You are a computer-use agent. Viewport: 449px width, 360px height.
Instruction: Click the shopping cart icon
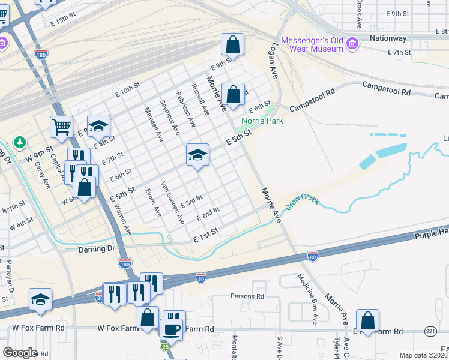point(61,126)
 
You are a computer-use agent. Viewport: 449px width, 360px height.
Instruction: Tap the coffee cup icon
point(171,329)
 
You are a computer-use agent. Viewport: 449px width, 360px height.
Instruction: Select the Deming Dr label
point(96,248)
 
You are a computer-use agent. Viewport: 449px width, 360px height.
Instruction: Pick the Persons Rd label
point(247,296)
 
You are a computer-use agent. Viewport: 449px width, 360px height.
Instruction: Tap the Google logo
point(20,352)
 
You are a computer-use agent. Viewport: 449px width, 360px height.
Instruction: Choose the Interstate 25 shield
point(164,346)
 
